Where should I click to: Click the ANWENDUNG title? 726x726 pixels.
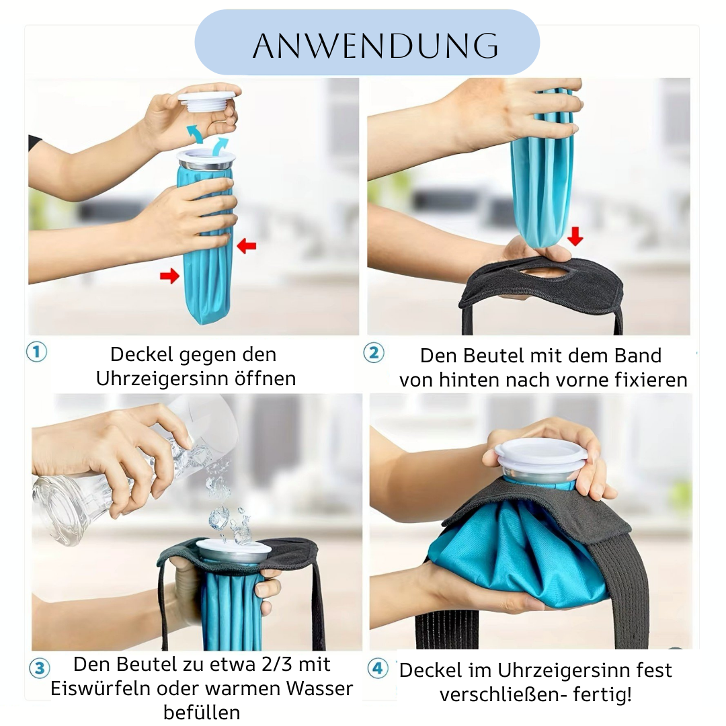[376, 46]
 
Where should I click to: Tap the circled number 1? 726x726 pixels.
[36, 352]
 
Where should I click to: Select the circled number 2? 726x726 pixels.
[374, 353]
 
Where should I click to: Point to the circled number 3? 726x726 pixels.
[40, 668]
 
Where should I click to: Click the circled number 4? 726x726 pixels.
[378, 668]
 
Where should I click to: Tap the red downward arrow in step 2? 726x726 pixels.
[575, 236]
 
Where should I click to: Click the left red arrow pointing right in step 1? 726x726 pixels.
[169, 276]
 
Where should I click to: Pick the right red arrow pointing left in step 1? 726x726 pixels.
[246, 245]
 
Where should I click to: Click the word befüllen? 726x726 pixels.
[202, 713]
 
